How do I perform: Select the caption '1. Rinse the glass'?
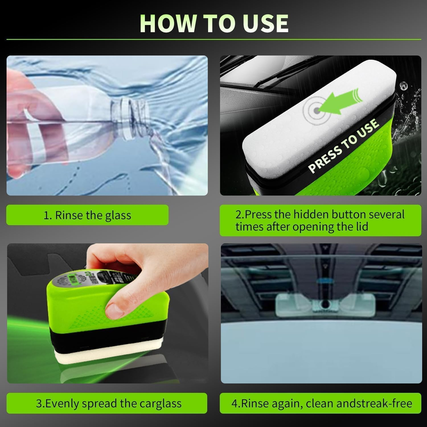coord(87,215)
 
